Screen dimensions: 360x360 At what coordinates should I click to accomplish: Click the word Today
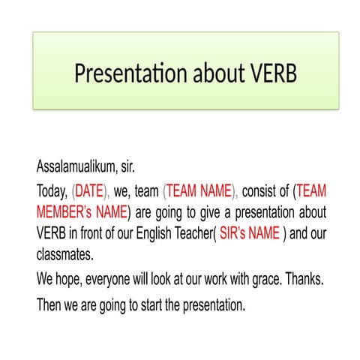(x=52, y=190)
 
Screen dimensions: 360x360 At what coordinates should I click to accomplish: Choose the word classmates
(x=64, y=254)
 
